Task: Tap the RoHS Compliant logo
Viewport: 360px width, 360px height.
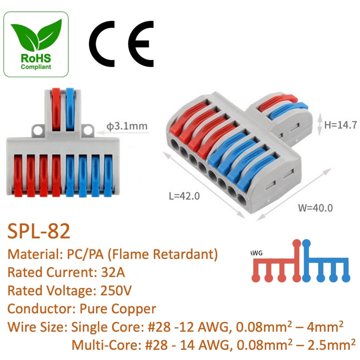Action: coord(36,44)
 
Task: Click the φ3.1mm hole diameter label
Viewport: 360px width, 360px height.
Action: coord(127,126)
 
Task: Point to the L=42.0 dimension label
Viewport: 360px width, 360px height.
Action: coord(184,195)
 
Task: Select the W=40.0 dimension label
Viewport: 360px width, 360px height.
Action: coord(315,207)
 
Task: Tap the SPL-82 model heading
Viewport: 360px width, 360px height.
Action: coord(39,232)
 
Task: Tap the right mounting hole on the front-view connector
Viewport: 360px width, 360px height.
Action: coord(88,131)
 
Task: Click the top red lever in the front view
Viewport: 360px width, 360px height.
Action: coord(56,109)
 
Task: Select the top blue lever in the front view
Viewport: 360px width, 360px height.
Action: coord(70,109)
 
